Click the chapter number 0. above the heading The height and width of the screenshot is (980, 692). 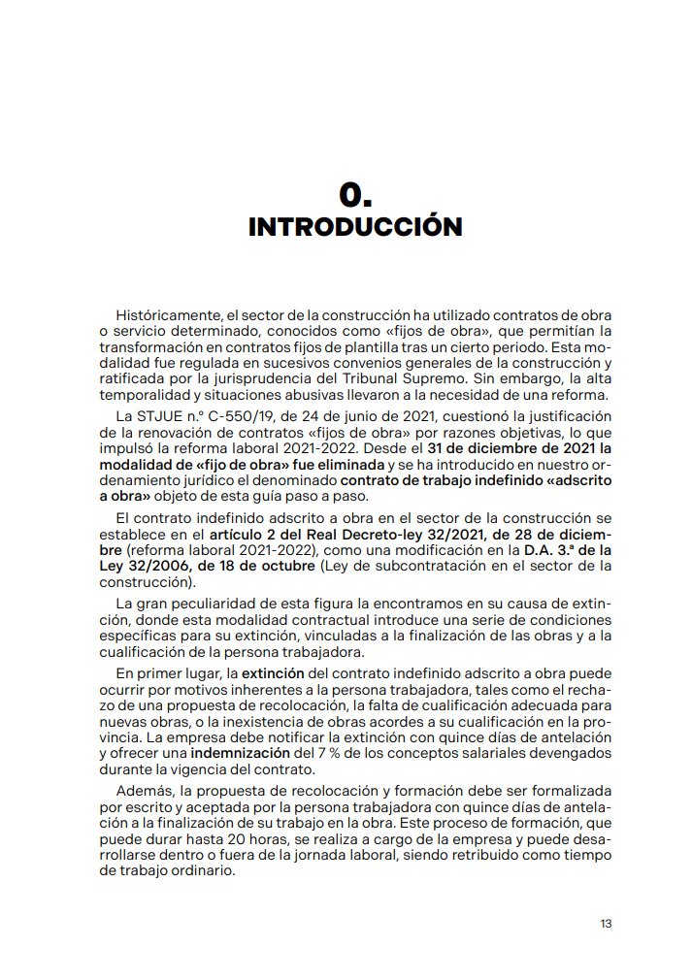355,195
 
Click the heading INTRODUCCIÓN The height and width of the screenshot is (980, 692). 355,227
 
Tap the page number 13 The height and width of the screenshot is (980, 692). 606,923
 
